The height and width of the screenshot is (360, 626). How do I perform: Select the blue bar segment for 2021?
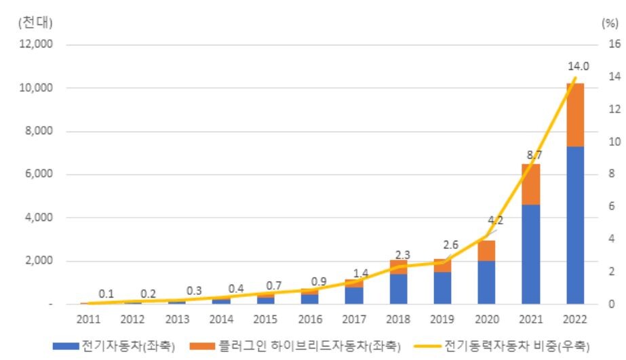pos(531,254)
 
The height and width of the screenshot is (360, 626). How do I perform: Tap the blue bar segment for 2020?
pos(487,282)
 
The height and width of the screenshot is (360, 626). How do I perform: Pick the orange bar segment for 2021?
pos(531,184)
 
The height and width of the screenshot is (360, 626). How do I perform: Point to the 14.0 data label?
pos(579,66)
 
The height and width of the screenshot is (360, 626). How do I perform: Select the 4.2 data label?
pos(495,220)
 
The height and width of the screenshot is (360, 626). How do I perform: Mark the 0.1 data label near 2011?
pos(106,294)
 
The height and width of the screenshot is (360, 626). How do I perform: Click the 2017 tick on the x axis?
pos(354,319)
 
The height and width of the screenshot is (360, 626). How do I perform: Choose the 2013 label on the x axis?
pos(178,319)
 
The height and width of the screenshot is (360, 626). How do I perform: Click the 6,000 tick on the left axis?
pos(41,174)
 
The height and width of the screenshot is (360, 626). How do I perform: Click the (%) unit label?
pos(608,22)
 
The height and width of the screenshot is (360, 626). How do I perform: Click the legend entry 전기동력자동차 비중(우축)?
pos(518,346)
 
